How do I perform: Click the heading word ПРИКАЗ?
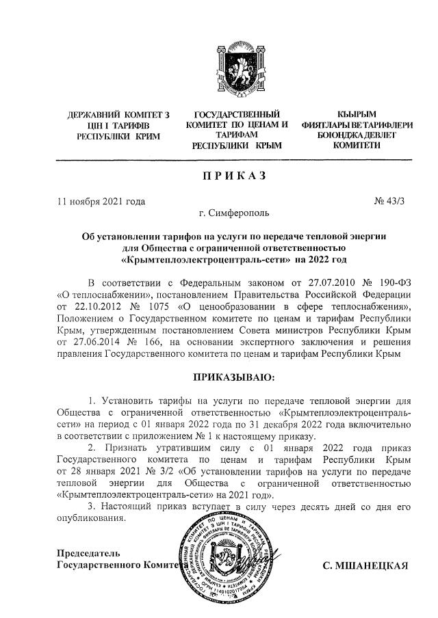(233, 176)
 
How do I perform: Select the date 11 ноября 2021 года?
(101, 201)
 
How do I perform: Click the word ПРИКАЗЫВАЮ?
(233, 376)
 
